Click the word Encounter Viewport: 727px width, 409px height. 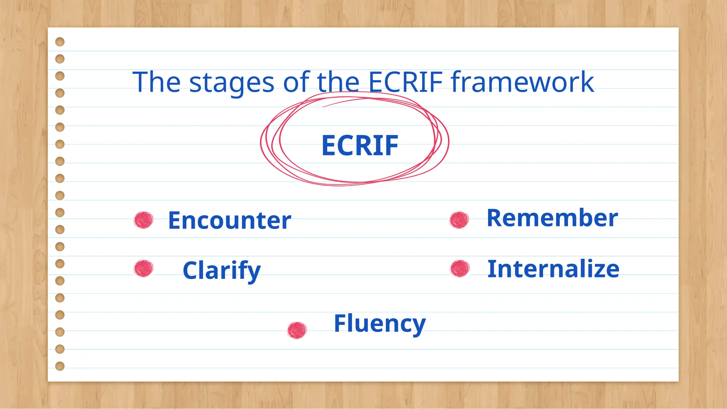point(229,220)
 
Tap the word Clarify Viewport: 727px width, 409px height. point(222,271)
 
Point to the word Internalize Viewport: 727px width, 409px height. point(553,269)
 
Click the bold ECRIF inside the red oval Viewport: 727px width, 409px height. point(360,146)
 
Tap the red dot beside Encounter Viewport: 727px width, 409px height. point(144,220)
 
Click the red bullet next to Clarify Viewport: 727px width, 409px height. point(144,268)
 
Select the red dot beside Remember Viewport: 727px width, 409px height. point(459,220)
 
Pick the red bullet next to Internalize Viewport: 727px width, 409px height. point(460,268)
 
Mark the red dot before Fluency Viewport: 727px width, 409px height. point(297,330)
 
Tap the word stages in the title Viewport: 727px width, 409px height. point(232,83)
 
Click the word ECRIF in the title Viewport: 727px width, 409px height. point(405,82)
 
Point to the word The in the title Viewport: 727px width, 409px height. point(157,82)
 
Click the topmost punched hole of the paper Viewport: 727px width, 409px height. point(60,42)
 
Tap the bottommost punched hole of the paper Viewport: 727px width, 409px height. point(60,366)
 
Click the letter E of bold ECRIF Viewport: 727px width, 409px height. point(329,146)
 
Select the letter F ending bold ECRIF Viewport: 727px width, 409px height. point(392,146)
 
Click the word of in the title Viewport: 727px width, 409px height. point(296,82)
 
